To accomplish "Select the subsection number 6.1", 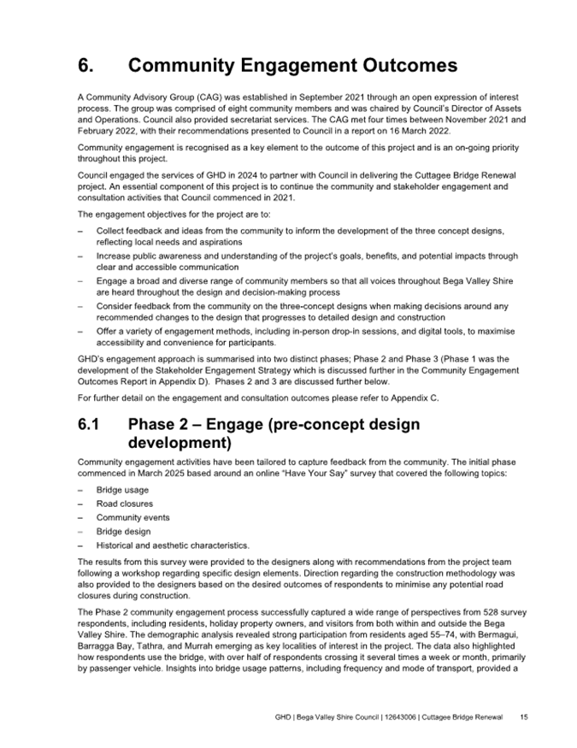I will (x=88, y=426).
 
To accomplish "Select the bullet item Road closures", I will (x=125, y=504).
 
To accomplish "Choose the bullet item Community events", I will (x=132, y=517).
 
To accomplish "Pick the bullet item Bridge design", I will (x=121, y=531).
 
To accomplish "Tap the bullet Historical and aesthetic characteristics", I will (x=173, y=545).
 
